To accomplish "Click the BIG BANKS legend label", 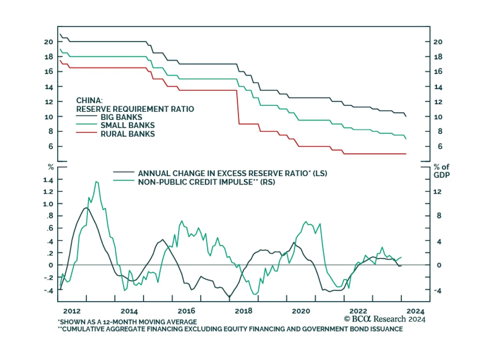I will coord(121,117).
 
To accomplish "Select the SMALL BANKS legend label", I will coord(127,125).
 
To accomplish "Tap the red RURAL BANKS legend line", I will coord(86,133).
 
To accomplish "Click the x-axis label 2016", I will coord(186,311).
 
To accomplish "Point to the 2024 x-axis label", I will coord(415,311).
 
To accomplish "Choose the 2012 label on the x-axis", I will coord(72,311).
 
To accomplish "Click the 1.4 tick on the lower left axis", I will coord(48,180).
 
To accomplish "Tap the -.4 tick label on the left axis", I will coord(48,290).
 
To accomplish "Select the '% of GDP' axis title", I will coord(442,171).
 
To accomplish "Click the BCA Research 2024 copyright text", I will coord(384,319).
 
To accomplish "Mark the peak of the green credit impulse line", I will coord(97,182).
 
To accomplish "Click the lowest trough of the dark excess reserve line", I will coord(229,297).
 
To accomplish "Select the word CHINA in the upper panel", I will coord(89,101).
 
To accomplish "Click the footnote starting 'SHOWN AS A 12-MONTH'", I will coord(128,322).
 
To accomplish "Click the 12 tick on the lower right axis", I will coord(437,192).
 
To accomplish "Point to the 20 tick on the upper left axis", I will coord(49,42).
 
